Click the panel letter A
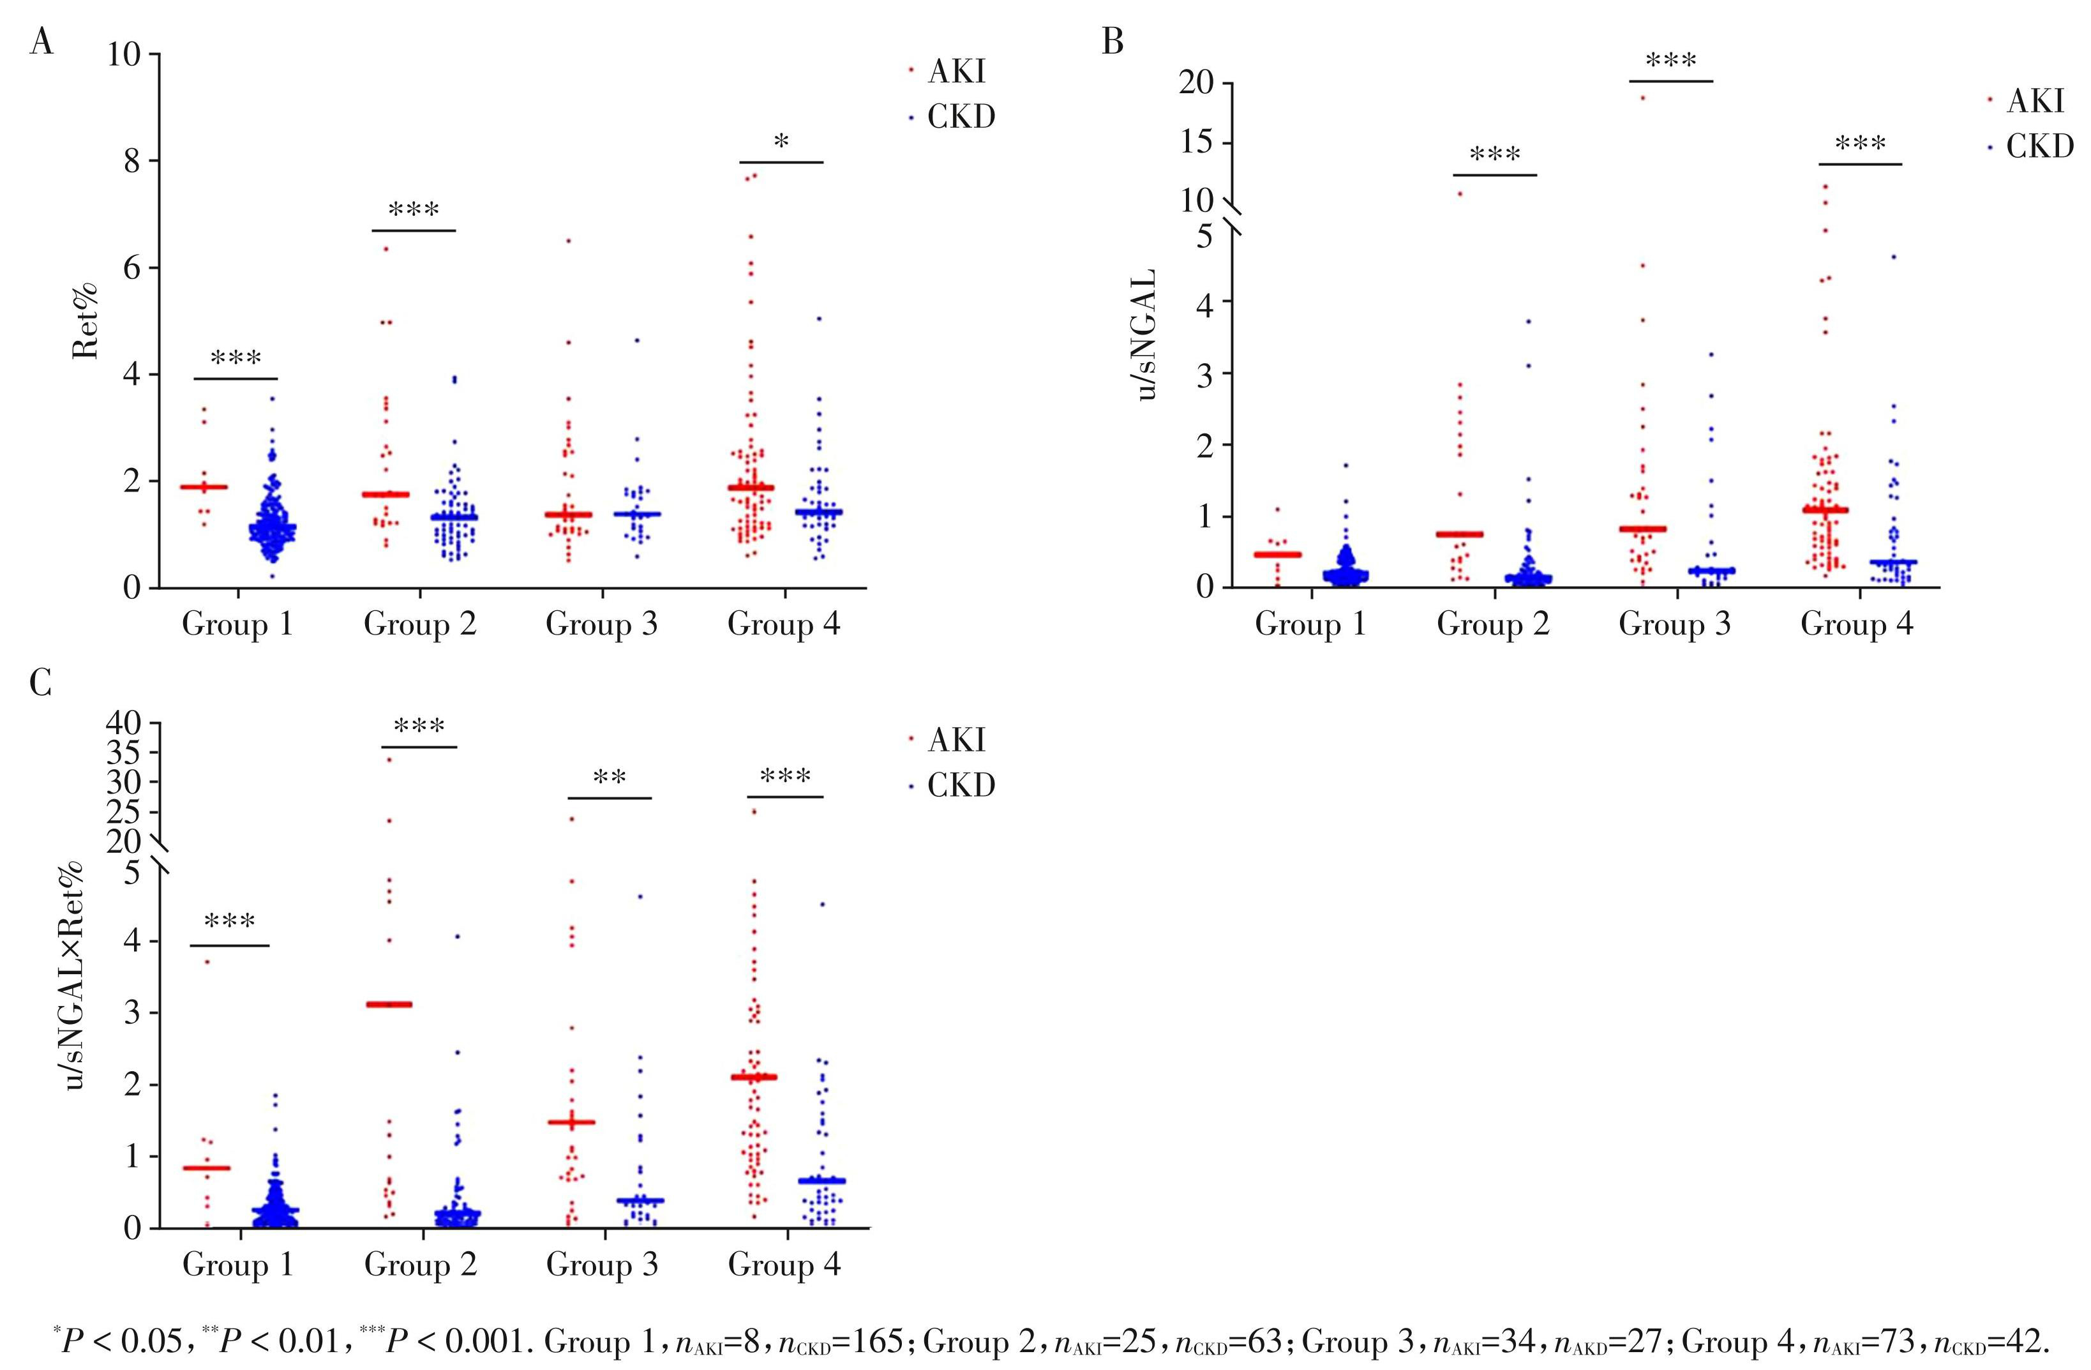tap(41, 41)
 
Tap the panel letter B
tap(1113, 41)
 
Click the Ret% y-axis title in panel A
tap(86, 320)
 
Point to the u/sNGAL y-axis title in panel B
tap(1146, 335)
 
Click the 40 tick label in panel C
tap(123, 723)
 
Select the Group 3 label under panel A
tap(602, 625)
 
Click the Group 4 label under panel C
tap(784, 1265)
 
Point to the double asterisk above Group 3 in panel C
tap(609, 778)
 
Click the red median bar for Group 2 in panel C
tap(388, 1004)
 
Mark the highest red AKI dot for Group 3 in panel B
tap(1642, 98)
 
